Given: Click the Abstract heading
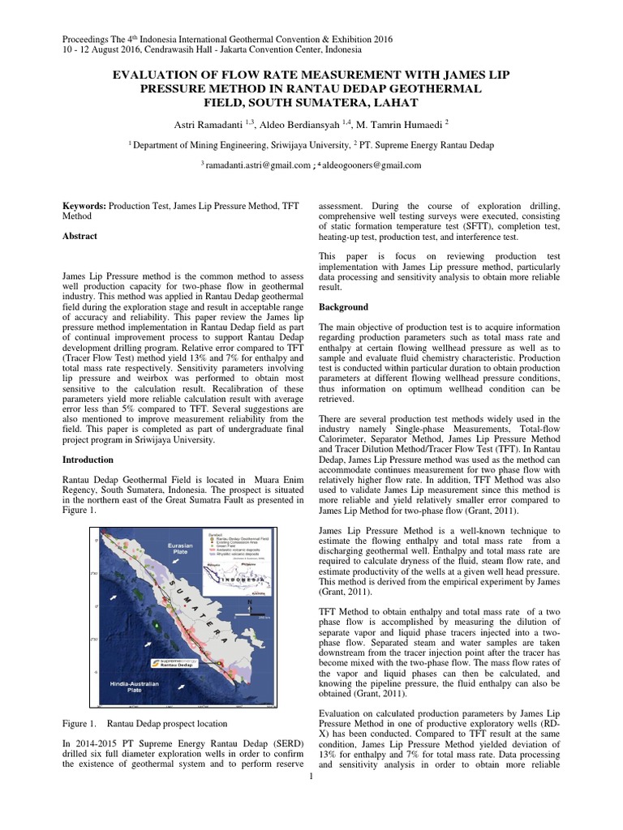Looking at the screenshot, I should pos(80,236).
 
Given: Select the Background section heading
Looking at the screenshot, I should pos(343,307).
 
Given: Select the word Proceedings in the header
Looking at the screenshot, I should pos(88,38).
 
